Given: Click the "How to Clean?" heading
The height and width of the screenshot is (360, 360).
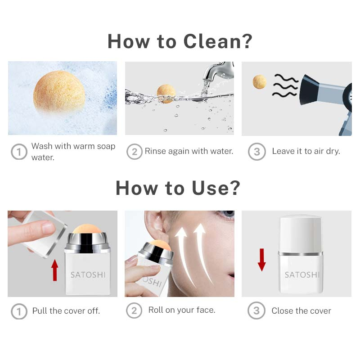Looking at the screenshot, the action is tap(180, 41).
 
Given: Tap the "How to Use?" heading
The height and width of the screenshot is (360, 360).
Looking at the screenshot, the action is tap(178, 188).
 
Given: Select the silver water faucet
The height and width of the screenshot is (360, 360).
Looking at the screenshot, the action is tap(218, 71).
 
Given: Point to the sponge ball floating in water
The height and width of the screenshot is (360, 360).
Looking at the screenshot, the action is tap(166, 94).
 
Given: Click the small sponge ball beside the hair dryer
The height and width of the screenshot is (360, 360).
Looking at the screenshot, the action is tap(260, 81).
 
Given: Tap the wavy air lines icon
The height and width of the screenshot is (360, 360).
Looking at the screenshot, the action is tap(285, 85).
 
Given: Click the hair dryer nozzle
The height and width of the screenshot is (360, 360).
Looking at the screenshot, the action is tap(309, 90).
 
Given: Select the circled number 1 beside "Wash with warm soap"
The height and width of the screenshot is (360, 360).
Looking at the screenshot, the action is tap(19, 152).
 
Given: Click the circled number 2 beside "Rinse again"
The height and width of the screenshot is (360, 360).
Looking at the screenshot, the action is tap(135, 152).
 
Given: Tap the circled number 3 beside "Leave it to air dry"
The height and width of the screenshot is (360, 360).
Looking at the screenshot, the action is tap(257, 152).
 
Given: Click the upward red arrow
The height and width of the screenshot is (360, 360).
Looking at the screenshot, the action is tap(55, 270).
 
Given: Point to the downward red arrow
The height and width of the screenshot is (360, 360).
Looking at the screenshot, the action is tap(262, 260).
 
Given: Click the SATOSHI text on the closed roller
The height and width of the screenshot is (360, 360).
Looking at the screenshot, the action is tap(302, 275).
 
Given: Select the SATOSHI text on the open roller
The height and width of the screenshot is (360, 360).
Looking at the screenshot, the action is tap(88, 275).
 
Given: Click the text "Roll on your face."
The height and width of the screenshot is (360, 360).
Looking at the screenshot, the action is tap(182, 310).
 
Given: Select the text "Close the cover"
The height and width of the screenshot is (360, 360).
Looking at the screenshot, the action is tap(301, 311).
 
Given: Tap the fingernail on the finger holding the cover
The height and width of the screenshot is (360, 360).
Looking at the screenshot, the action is tap(48, 226).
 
